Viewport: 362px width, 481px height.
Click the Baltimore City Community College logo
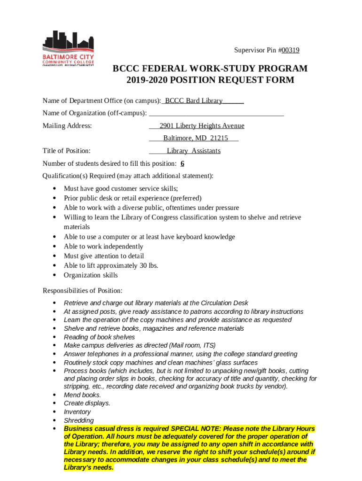(68, 48)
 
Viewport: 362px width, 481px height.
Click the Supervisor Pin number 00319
(291, 50)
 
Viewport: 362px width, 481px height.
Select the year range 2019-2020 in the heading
(147, 80)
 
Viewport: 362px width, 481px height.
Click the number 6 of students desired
(182, 163)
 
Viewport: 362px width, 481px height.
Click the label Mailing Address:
(67, 126)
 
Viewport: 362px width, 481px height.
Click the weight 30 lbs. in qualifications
(149, 265)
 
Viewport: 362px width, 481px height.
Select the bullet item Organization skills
(91, 275)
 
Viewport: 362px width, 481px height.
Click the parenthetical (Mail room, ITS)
(192, 345)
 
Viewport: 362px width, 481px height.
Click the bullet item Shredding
(79, 420)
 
